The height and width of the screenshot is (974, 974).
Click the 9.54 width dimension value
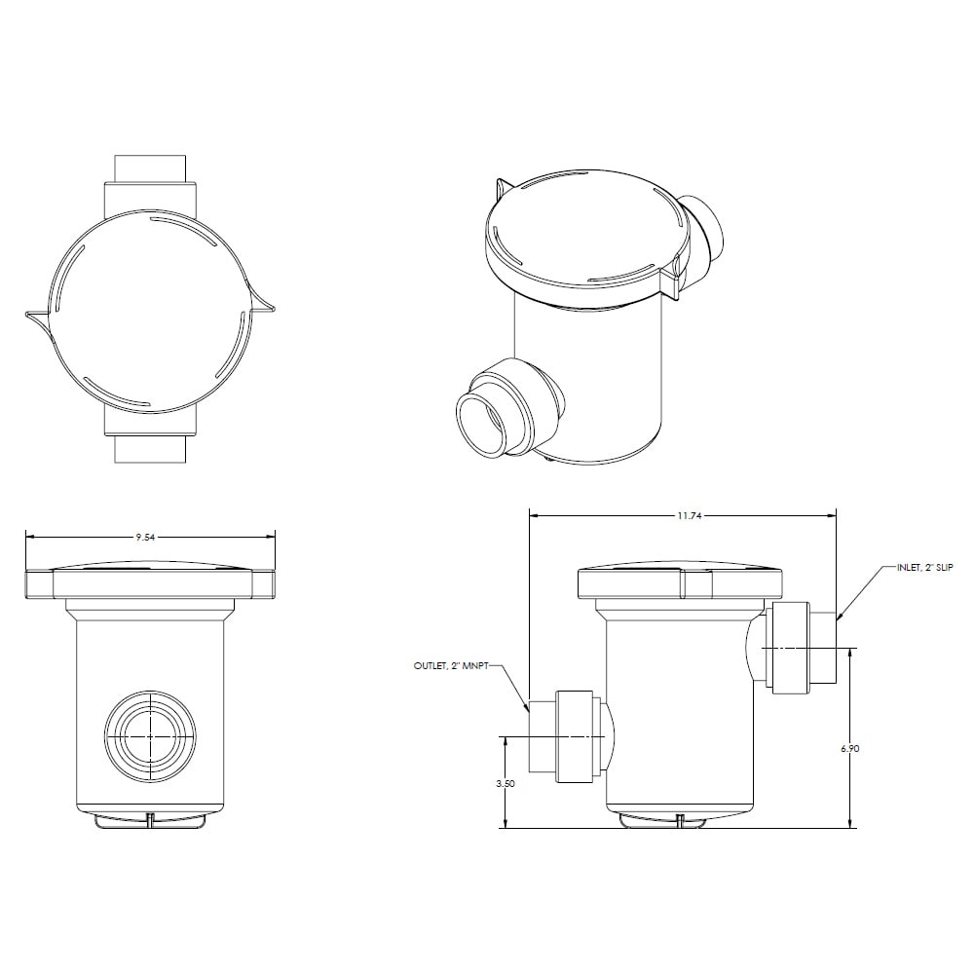click(x=145, y=536)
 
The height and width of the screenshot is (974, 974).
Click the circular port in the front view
click(x=150, y=737)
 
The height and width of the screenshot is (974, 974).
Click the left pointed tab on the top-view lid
click(x=37, y=316)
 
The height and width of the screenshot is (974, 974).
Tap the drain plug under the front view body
click(x=150, y=820)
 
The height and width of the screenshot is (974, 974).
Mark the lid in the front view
click(x=150, y=581)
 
